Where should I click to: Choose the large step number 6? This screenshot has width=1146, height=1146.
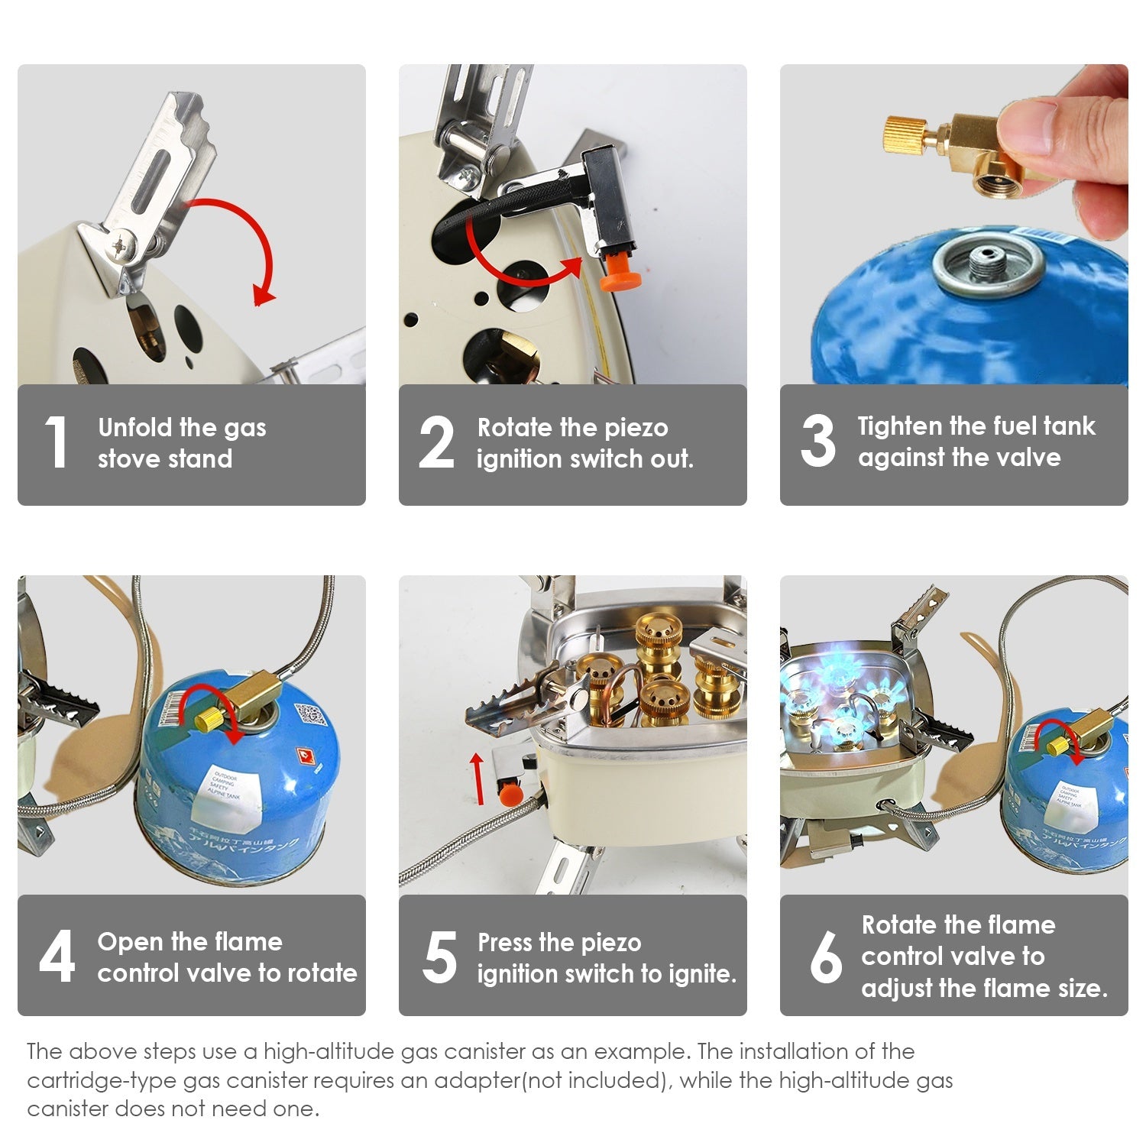(x=826, y=957)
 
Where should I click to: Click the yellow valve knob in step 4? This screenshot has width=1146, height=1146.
(x=207, y=719)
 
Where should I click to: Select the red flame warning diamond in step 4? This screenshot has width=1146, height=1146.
(x=306, y=757)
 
